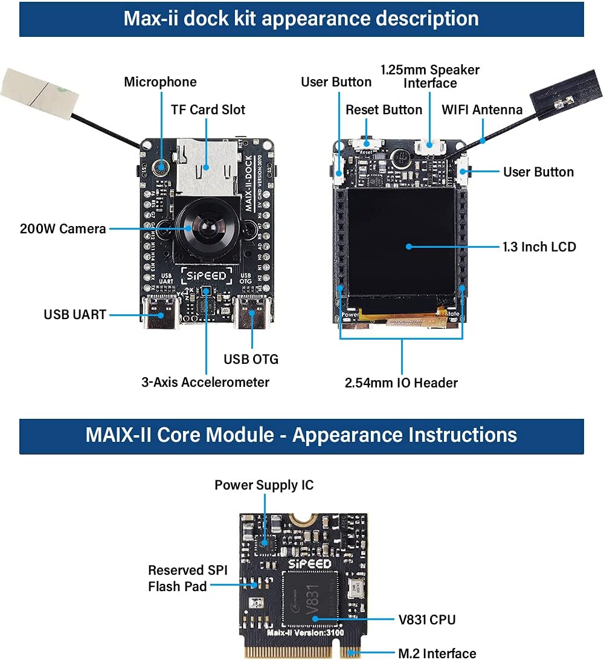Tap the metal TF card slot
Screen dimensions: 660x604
[x=206, y=160]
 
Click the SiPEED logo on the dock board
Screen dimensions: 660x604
[x=206, y=276]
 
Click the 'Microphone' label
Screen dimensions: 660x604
[x=160, y=82]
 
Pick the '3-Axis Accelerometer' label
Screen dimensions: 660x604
[x=205, y=382]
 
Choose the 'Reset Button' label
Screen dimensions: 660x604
[x=384, y=109]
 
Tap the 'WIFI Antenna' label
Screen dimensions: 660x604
[x=482, y=109]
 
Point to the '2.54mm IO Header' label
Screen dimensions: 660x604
[x=401, y=383]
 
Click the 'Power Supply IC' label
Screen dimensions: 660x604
[x=264, y=485]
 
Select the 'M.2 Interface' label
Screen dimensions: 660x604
[x=437, y=653]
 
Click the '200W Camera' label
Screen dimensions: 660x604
[x=63, y=228]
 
